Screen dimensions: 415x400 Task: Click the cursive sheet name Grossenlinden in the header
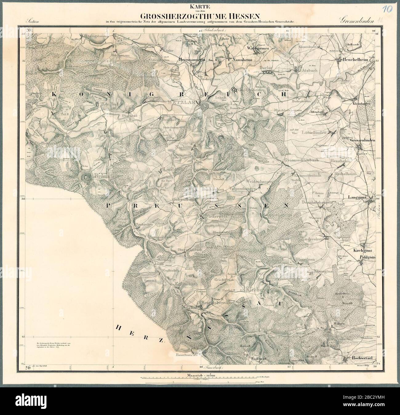357,21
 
